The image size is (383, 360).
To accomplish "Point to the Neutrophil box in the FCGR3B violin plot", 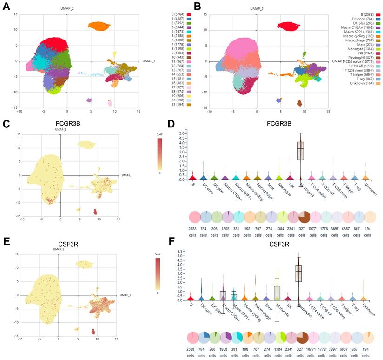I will (300, 151).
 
